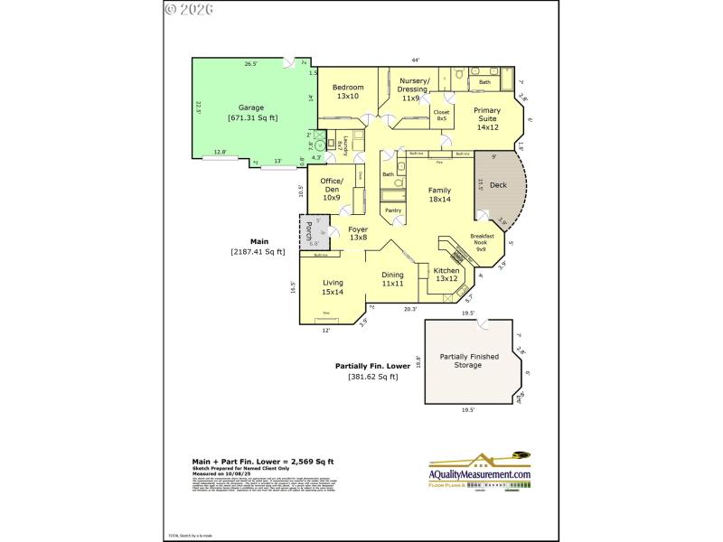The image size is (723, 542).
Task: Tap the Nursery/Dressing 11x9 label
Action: tap(415, 89)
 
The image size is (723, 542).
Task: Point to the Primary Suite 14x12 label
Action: tap(487, 118)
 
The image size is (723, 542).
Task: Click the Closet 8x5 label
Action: tap(442, 115)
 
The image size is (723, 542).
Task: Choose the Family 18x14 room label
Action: tap(439, 194)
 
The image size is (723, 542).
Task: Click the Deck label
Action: tap(498, 185)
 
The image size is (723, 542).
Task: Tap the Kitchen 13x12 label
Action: tap(447, 275)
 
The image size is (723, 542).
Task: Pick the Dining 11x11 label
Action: tap(392, 279)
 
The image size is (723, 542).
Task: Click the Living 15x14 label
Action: tap(333, 287)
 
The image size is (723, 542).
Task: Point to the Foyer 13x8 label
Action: tap(358, 233)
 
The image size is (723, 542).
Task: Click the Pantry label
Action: tap(393, 210)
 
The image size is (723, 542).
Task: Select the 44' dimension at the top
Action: tap(415, 60)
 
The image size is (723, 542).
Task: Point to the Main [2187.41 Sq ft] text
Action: tap(259, 247)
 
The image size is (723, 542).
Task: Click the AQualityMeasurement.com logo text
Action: tap(479, 474)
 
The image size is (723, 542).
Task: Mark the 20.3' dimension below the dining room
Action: tap(409, 310)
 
